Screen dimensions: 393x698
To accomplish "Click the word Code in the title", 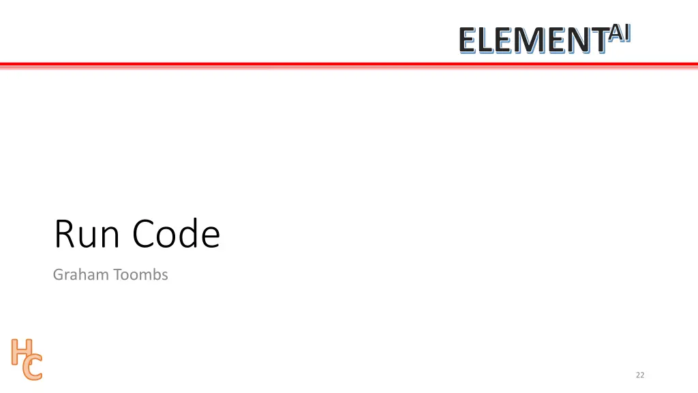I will (x=177, y=234).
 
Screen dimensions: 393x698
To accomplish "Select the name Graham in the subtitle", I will (x=81, y=275).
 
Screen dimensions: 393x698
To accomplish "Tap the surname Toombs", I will (x=140, y=275).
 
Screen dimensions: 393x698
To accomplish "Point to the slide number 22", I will (x=639, y=375).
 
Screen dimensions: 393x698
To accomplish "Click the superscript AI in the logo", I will (x=620, y=32).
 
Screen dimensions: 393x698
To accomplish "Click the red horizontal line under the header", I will (x=349, y=65).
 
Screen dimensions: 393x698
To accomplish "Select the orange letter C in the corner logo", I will (x=32, y=368).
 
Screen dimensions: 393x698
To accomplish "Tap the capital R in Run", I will (x=65, y=234).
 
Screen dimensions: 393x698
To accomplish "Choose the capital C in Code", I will (x=145, y=234).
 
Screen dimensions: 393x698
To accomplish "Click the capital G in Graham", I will (x=58, y=275).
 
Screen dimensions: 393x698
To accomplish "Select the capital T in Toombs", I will (x=117, y=275).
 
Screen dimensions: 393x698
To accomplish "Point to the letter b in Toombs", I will (x=155, y=274).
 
